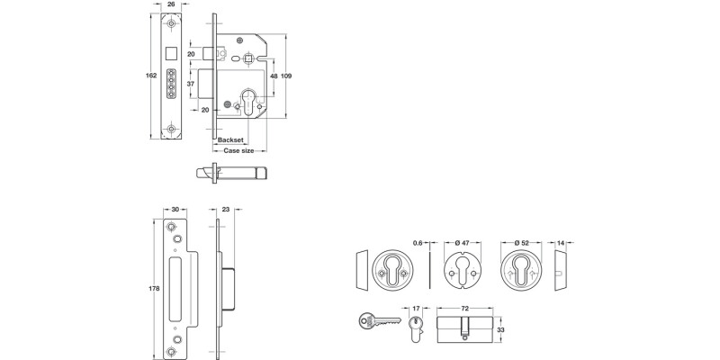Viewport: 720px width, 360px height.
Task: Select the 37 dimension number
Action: tap(191, 83)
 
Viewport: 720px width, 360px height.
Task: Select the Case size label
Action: tap(238, 151)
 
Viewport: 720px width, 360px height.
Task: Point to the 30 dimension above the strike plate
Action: tap(172, 209)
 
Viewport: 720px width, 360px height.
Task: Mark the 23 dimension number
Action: tap(225, 209)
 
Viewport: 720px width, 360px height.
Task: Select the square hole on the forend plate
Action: tap(172, 46)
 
